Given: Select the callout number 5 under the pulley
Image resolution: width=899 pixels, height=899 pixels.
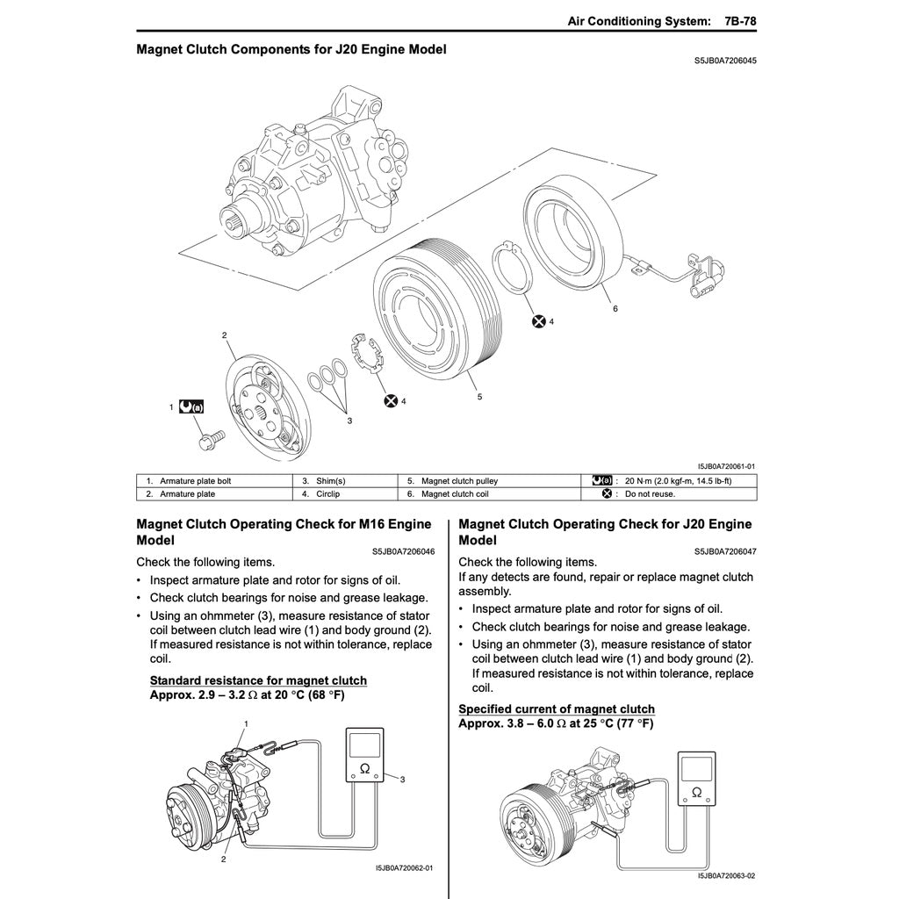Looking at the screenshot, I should tap(479, 397).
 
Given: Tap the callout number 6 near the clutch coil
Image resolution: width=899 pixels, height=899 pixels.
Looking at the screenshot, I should tap(615, 309).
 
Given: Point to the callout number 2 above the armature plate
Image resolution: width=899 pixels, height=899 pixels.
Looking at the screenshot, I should tap(225, 335).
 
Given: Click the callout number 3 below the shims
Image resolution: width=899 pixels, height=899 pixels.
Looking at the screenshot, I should tap(349, 421).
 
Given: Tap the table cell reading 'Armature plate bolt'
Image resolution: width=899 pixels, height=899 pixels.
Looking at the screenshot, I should tap(195, 481).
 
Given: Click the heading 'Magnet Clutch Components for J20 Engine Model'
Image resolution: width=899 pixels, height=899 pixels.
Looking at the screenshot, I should tap(291, 49).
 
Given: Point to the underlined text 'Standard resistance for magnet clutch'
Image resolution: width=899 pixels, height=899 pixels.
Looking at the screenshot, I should tap(258, 680).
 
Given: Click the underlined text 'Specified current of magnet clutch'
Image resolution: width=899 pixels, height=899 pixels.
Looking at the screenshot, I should tap(557, 709).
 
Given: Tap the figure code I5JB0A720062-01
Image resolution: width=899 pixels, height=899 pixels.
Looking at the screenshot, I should tap(404, 868).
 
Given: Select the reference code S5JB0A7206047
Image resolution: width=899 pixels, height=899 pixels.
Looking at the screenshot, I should tap(725, 552).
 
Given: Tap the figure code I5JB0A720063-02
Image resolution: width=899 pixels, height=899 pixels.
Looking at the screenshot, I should tap(726, 875).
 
